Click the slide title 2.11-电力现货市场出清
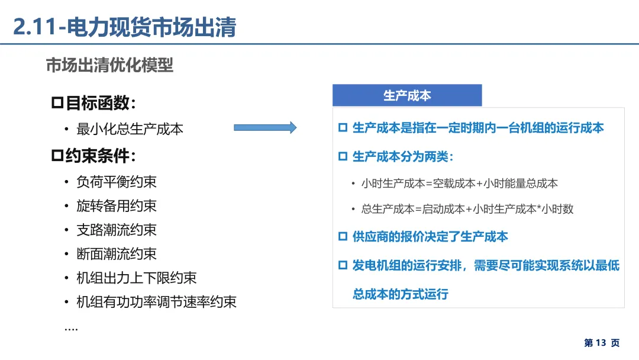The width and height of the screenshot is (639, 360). coord(124,27)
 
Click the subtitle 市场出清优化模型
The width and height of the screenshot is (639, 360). coord(109,65)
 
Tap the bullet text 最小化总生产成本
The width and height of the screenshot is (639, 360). coord(130,128)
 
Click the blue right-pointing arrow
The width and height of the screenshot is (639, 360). coord(265,127)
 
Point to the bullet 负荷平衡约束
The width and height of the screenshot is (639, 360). coord(117,182)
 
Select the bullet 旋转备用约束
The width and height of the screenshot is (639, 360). coord(117,205)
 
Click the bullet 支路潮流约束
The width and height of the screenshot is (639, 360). coord(117,230)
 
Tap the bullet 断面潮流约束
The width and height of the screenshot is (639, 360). coord(117,253)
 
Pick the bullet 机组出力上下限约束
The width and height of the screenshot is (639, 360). coord(137,278)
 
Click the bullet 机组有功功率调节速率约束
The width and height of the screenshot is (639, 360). coord(156,301)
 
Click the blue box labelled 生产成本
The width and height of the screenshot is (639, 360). coord(407,95)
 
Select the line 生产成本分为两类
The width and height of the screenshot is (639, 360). coord(402,156)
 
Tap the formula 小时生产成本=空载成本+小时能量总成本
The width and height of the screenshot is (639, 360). coord(459,184)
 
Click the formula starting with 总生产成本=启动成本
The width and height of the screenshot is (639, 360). coord(467,209)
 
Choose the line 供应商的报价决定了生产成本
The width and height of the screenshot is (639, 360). coord(430,237)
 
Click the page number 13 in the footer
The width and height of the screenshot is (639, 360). coord(601,343)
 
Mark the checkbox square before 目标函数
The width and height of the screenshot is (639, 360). coord(57,104)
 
